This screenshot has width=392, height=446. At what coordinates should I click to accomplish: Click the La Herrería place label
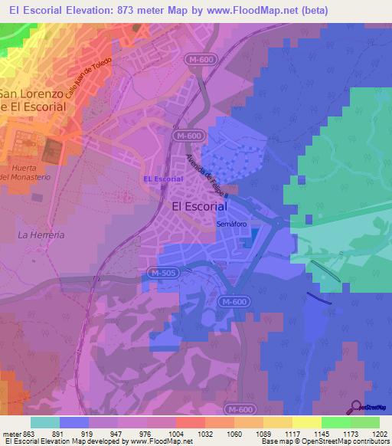click(x=41, y=234)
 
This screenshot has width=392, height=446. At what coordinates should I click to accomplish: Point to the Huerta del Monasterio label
click(x=25, y=172)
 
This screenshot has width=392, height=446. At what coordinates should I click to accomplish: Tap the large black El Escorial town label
click(x=199, y=206)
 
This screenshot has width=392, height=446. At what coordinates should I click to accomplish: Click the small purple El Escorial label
click(x=162, y=179)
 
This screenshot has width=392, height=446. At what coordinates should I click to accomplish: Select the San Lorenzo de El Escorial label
click(x=32, y=100)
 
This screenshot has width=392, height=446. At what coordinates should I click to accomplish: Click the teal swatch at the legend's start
click(x=44, y=422)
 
